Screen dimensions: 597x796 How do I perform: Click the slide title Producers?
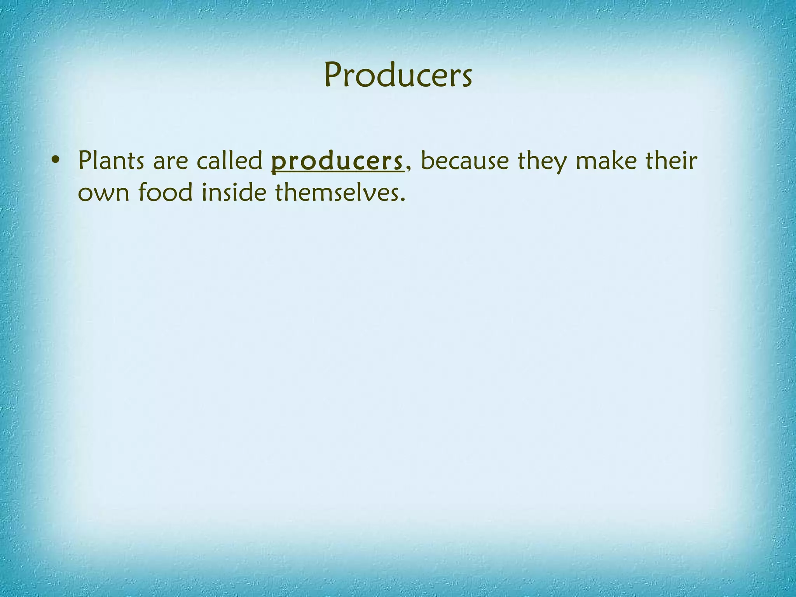tap(398, 75)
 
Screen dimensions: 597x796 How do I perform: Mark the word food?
tap(165, 192)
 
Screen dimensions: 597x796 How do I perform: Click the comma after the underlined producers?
tap(407, 169)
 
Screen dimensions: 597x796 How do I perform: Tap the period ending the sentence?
tap(402, 200)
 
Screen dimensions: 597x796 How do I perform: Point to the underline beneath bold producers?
tap(337, 173)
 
